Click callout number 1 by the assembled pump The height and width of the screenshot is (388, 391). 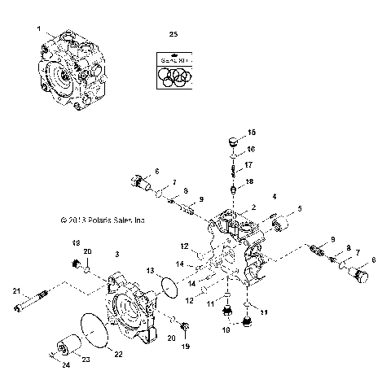(38, 29)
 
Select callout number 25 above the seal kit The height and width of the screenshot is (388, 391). (172, 34)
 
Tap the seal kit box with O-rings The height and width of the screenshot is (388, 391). (174, 70)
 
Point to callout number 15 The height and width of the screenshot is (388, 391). (251, 132)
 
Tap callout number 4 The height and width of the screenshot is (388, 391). (251, 197)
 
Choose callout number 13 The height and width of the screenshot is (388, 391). (150, 269)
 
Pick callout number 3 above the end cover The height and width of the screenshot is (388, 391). (117, 255)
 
